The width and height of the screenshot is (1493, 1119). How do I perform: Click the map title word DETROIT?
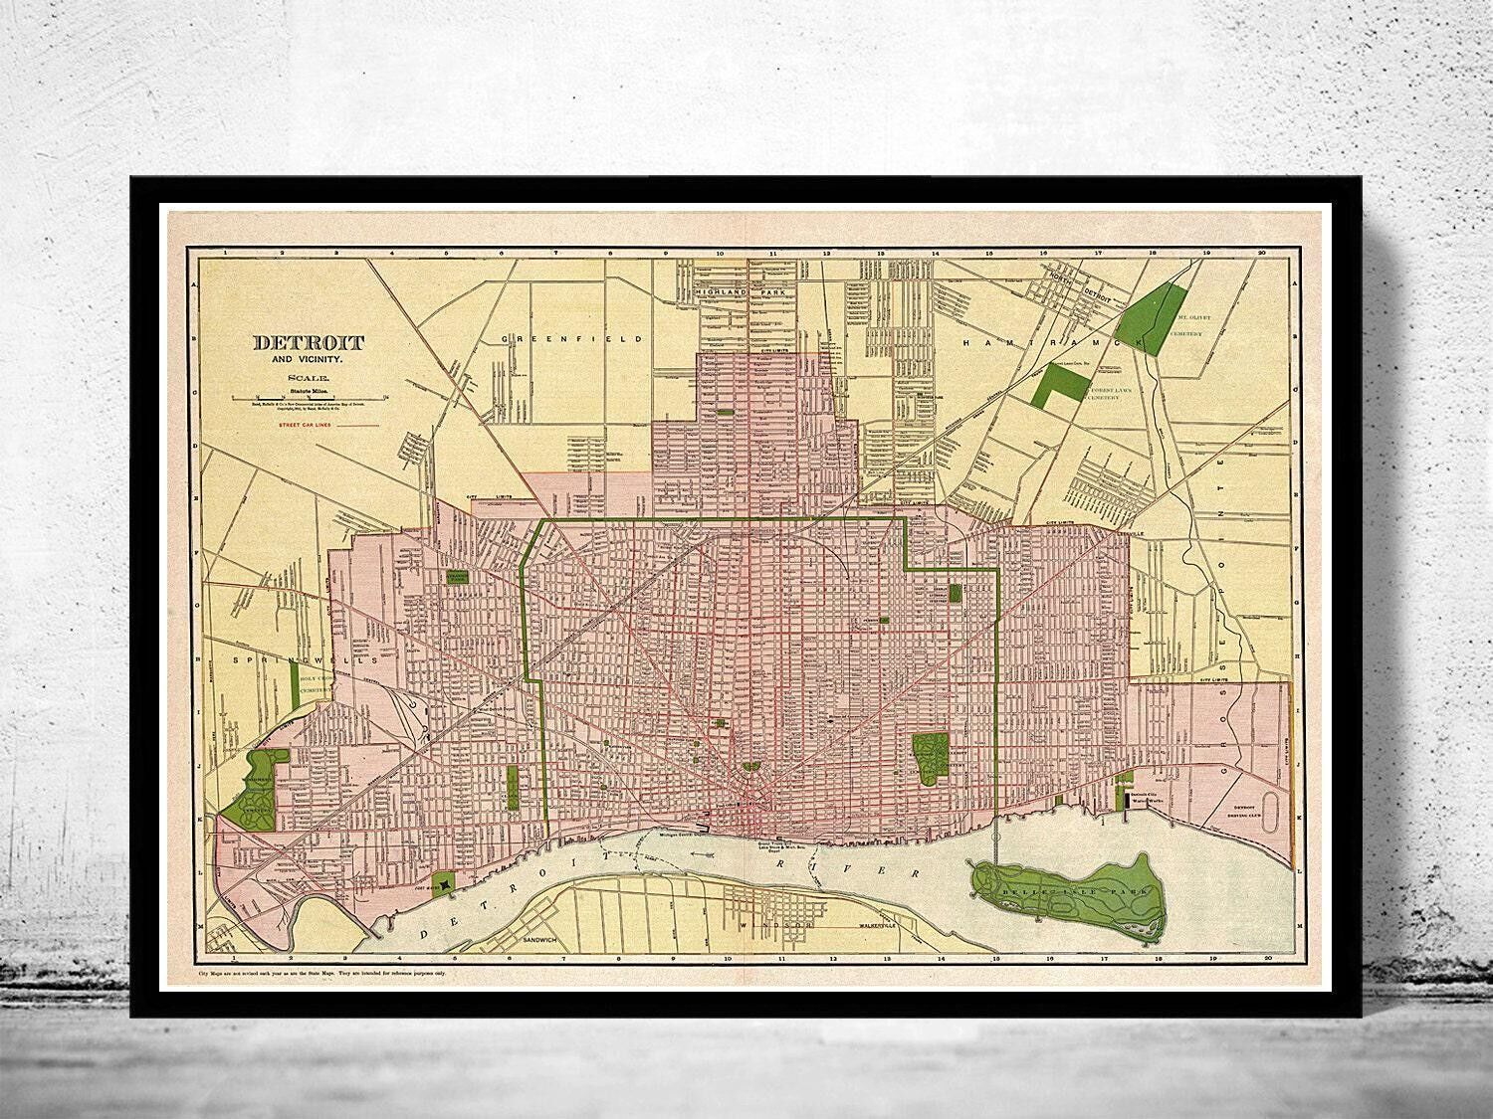coord(309,343)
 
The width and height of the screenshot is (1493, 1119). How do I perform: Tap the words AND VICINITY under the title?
coord(309,359)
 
